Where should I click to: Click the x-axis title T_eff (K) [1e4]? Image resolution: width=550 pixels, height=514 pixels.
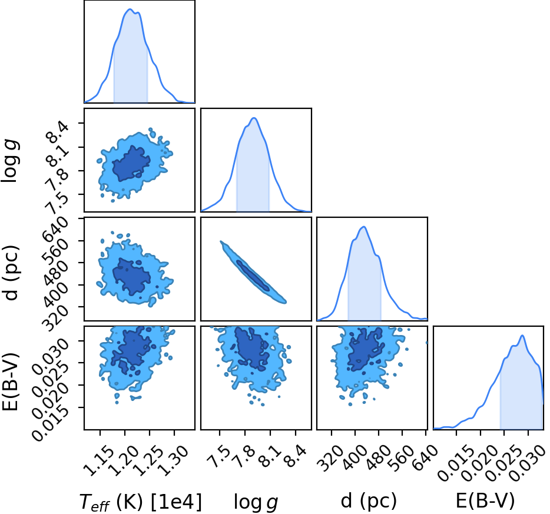click(x=141, y=502)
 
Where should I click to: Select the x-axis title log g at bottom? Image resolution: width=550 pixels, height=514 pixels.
click(x=256, y=502)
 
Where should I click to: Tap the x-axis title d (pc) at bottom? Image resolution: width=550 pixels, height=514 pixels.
click(x=369, y=501)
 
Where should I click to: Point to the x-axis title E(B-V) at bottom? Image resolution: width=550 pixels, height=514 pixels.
click(x=485, y=500)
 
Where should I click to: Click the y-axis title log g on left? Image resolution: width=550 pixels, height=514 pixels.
click(x=10, y=161)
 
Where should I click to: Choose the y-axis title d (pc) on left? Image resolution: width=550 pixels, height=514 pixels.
click(x=11, y=273)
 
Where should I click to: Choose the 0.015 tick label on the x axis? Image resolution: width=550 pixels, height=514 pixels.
click(x=453, y=463)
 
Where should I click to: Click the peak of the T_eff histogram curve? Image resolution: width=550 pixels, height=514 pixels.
click(x=130, y=9)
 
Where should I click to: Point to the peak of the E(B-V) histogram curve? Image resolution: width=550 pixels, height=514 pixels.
click(x=523, y=336)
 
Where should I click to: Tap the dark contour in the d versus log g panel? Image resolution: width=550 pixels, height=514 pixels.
click(x=253, y=276)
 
